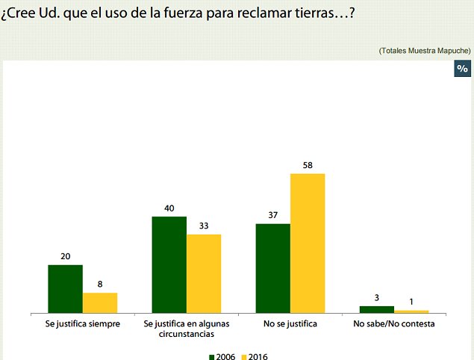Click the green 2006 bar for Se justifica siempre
[65, 288]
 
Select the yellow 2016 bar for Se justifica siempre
[100, 302]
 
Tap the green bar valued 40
[169, 264]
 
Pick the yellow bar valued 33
[204, 273]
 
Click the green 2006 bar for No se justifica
[272, 267]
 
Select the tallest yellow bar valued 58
[308, 243]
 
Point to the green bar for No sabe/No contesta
[376, 308]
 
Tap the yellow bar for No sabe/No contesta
[411, 311]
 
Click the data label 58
[308, 165]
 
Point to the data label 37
[272, 215]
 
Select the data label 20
[65, 256]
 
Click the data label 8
[100, 285]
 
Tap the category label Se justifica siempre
[82, 324]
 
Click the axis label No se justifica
[290, 324]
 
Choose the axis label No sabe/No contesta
[393, 324]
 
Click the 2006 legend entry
[222, 356]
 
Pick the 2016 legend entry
[254, 356]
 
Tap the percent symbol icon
[462, 69]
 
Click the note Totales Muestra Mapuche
[424, 50]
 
